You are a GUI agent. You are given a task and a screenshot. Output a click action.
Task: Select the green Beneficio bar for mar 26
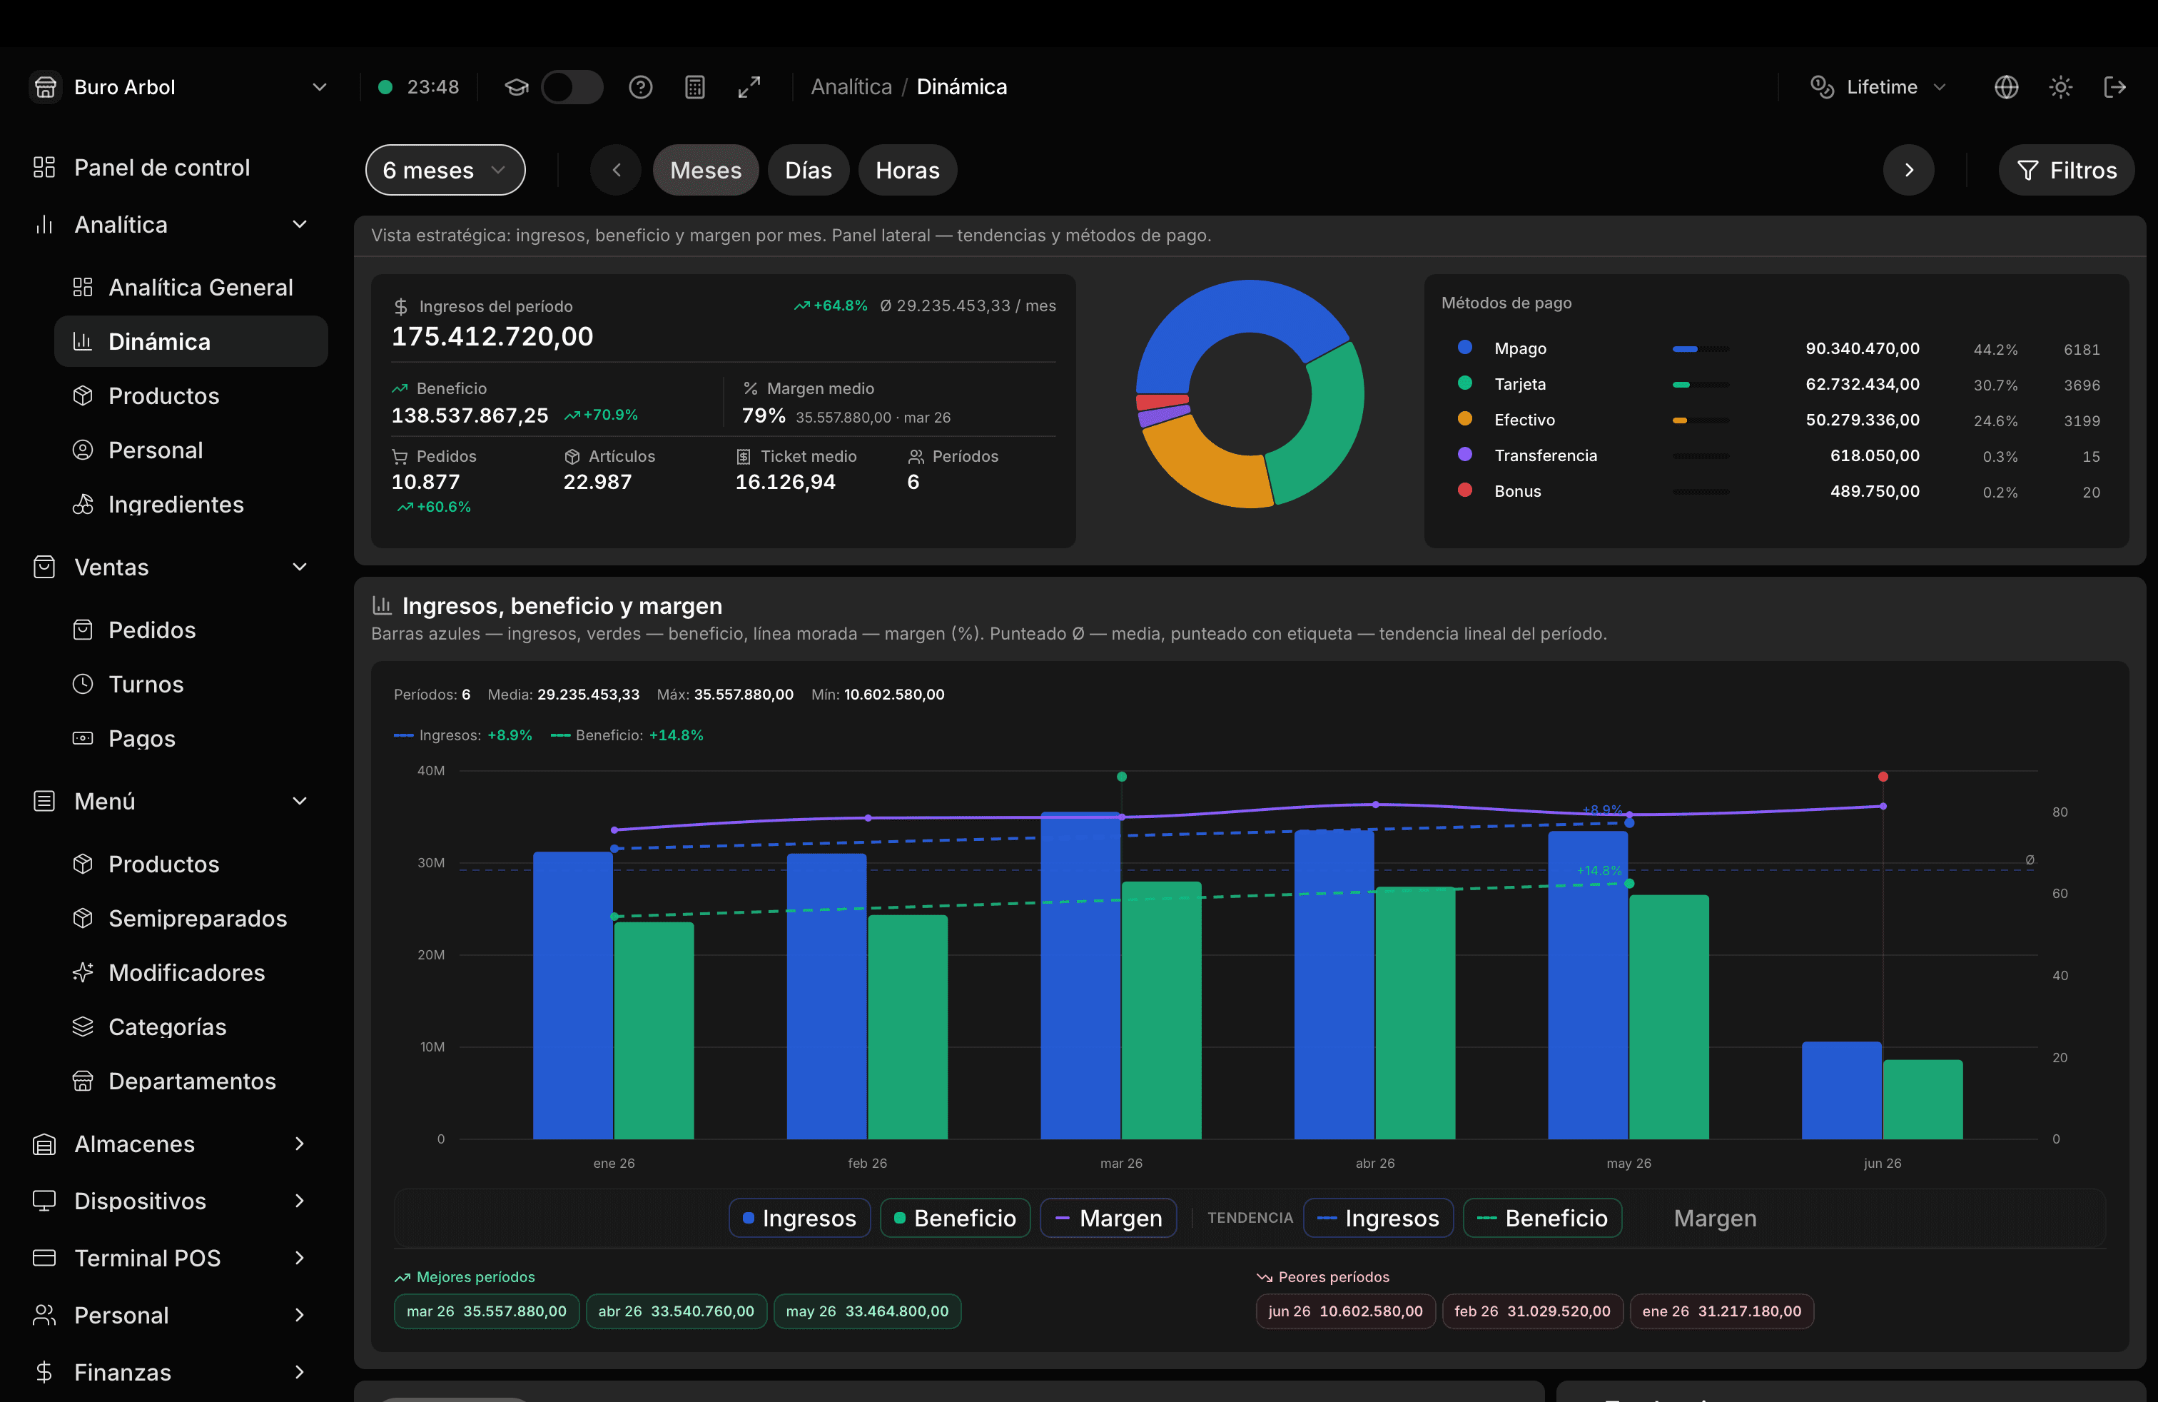pos(1162,1010)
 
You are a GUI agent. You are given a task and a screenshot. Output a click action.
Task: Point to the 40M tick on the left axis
pos(431,771)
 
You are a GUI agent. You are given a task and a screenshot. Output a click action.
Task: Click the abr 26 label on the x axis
pos(1374,1164)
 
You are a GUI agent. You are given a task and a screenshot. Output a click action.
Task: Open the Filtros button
pos(2067,171)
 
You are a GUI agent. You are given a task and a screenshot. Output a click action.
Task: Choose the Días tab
pos(808,171)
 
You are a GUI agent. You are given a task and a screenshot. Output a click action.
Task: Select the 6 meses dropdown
pos(445,171)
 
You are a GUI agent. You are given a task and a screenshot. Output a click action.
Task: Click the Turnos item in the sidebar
pos(146,685)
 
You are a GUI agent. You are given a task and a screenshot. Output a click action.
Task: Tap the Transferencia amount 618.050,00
pos(1874,456)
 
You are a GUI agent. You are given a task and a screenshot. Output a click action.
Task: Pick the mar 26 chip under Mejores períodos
pos(486,1311)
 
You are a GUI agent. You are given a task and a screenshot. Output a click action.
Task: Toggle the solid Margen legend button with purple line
pos(1108,1218)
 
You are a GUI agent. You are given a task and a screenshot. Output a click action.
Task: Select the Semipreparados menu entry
pos(198,919)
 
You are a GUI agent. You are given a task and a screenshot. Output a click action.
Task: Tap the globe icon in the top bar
pos(2007,87)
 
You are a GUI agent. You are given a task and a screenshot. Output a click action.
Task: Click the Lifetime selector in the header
pos(1879,87)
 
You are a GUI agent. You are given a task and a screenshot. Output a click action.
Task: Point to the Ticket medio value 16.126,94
pos(785,483)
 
